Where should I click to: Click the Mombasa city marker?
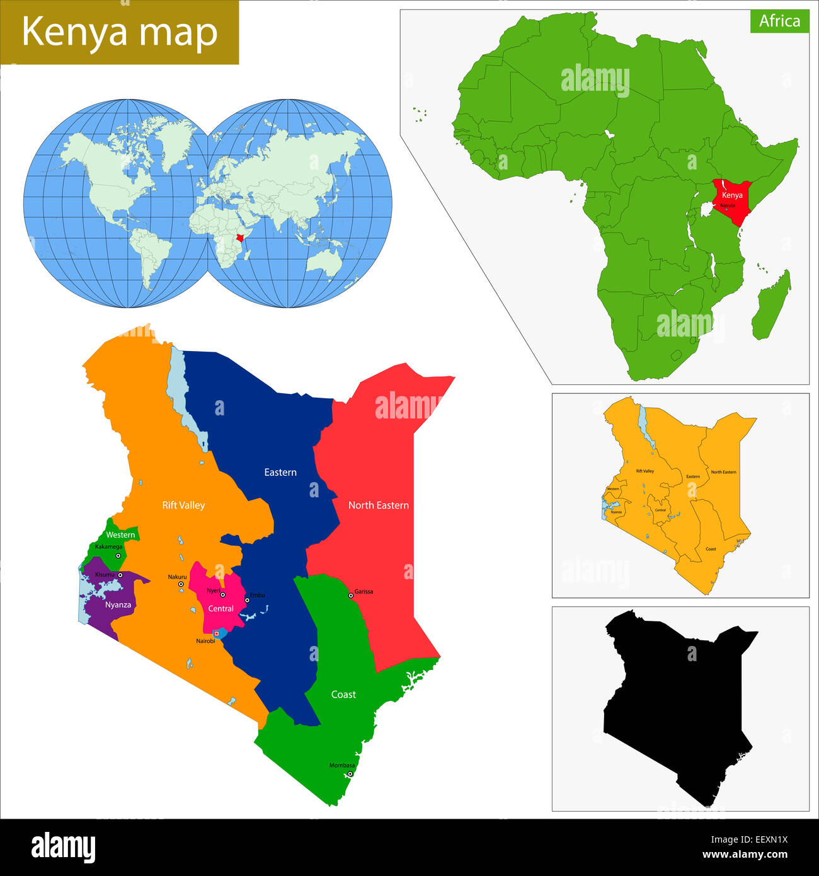[x=350, y=774]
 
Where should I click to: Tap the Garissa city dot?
[x=351, y=596]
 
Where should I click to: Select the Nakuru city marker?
[x=181, y=584]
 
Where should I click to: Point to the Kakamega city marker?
[x=118, y=556]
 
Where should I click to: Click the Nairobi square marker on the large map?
[x=217, y=633]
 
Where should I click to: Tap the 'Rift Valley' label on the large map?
[x=183, y=505]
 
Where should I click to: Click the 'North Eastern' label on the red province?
[x=378, y=505]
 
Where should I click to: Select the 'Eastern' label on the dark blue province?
[x=280, y=472]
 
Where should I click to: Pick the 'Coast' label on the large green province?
[x=343, y=694]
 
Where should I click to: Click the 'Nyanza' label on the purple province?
[x=118, y=605]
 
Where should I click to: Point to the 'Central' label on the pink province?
[x=220, y=609]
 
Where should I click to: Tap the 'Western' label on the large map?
[x=120, y=535]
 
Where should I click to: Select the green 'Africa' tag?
[x=779, y=21]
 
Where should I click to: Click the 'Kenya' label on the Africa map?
[x=732, y=195]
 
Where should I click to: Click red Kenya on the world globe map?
[x=240, y=237]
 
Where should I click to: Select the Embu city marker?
[x=247, y=600]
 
